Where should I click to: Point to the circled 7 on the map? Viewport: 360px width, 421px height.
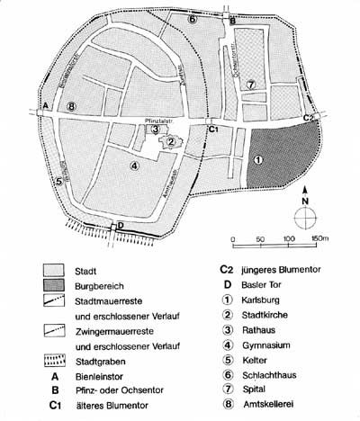click(x=252, y=84)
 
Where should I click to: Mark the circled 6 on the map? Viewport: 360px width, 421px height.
click(x=192, y=18)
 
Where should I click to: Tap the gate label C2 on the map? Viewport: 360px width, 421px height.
click(x=309, y=118)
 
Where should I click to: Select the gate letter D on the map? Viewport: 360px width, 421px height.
click(x=121, y=225)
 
